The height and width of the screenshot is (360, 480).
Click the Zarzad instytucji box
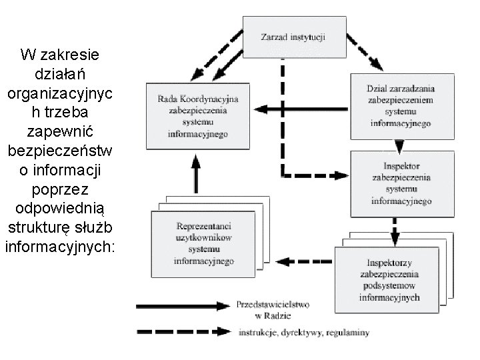[284, 36]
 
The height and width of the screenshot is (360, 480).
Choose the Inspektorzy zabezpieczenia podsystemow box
[389, 279]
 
